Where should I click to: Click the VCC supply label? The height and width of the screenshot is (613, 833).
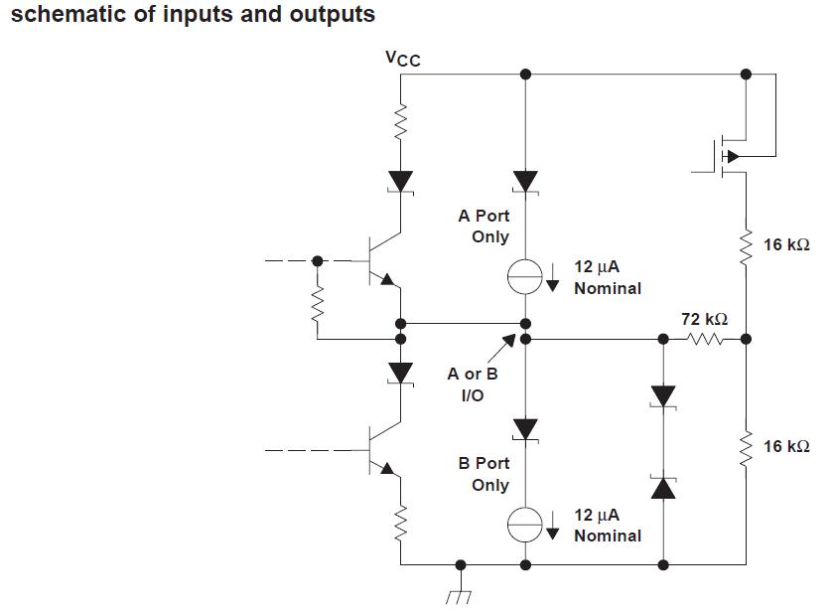coord(402,59)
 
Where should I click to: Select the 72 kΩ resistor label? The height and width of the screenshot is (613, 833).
coord(704,319)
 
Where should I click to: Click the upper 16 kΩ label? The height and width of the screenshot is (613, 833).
coord(786,244)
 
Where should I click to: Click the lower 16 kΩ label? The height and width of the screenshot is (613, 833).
coord(786,446)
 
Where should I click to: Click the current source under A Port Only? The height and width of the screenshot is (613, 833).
coord(525,278)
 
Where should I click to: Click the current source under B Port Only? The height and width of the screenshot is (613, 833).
coord(525,524)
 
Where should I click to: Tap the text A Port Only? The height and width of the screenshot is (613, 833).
coord(484,226)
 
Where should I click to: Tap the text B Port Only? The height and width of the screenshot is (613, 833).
coord(484,474)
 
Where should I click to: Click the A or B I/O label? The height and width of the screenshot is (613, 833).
coord(473,384)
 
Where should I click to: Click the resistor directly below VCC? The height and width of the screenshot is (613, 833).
coord(401,123)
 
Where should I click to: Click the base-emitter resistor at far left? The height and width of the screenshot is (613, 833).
coord(318,307)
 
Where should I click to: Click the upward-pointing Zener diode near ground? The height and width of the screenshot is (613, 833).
coord(662,487)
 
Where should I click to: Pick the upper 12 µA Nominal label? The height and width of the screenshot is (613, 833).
coord(607,277)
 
